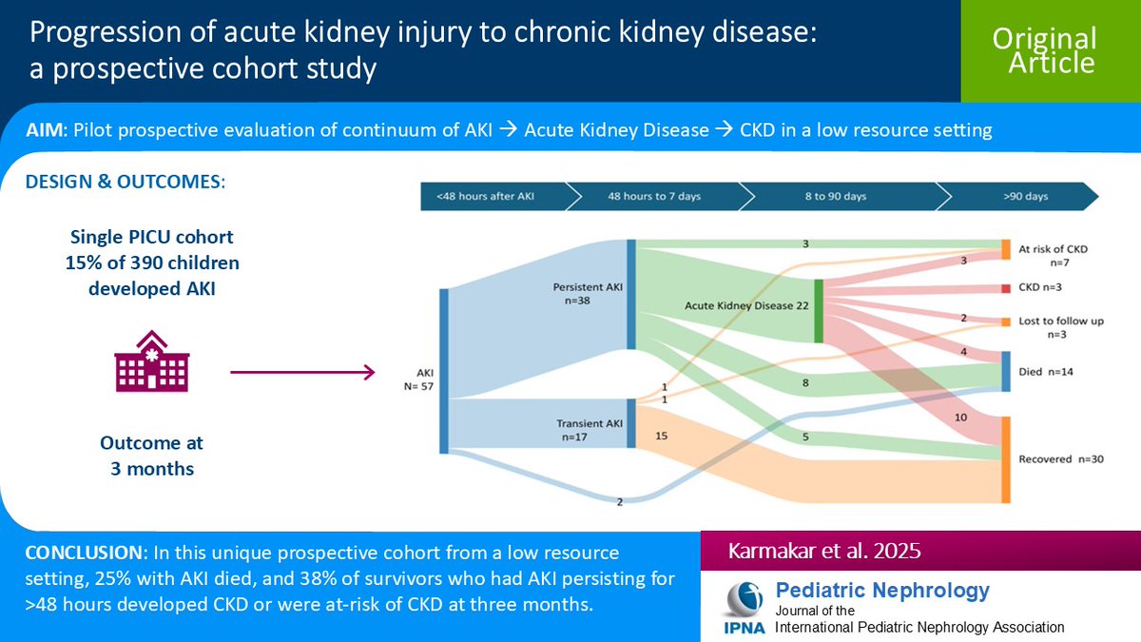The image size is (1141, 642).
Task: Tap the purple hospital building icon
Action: (152, 361)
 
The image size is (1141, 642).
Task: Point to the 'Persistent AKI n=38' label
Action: (588, 292)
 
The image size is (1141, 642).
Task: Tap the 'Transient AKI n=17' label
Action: (590, 431)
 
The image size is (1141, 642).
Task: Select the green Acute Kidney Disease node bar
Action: (818, 310)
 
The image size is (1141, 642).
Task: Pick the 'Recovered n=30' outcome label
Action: (1059, 459)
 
